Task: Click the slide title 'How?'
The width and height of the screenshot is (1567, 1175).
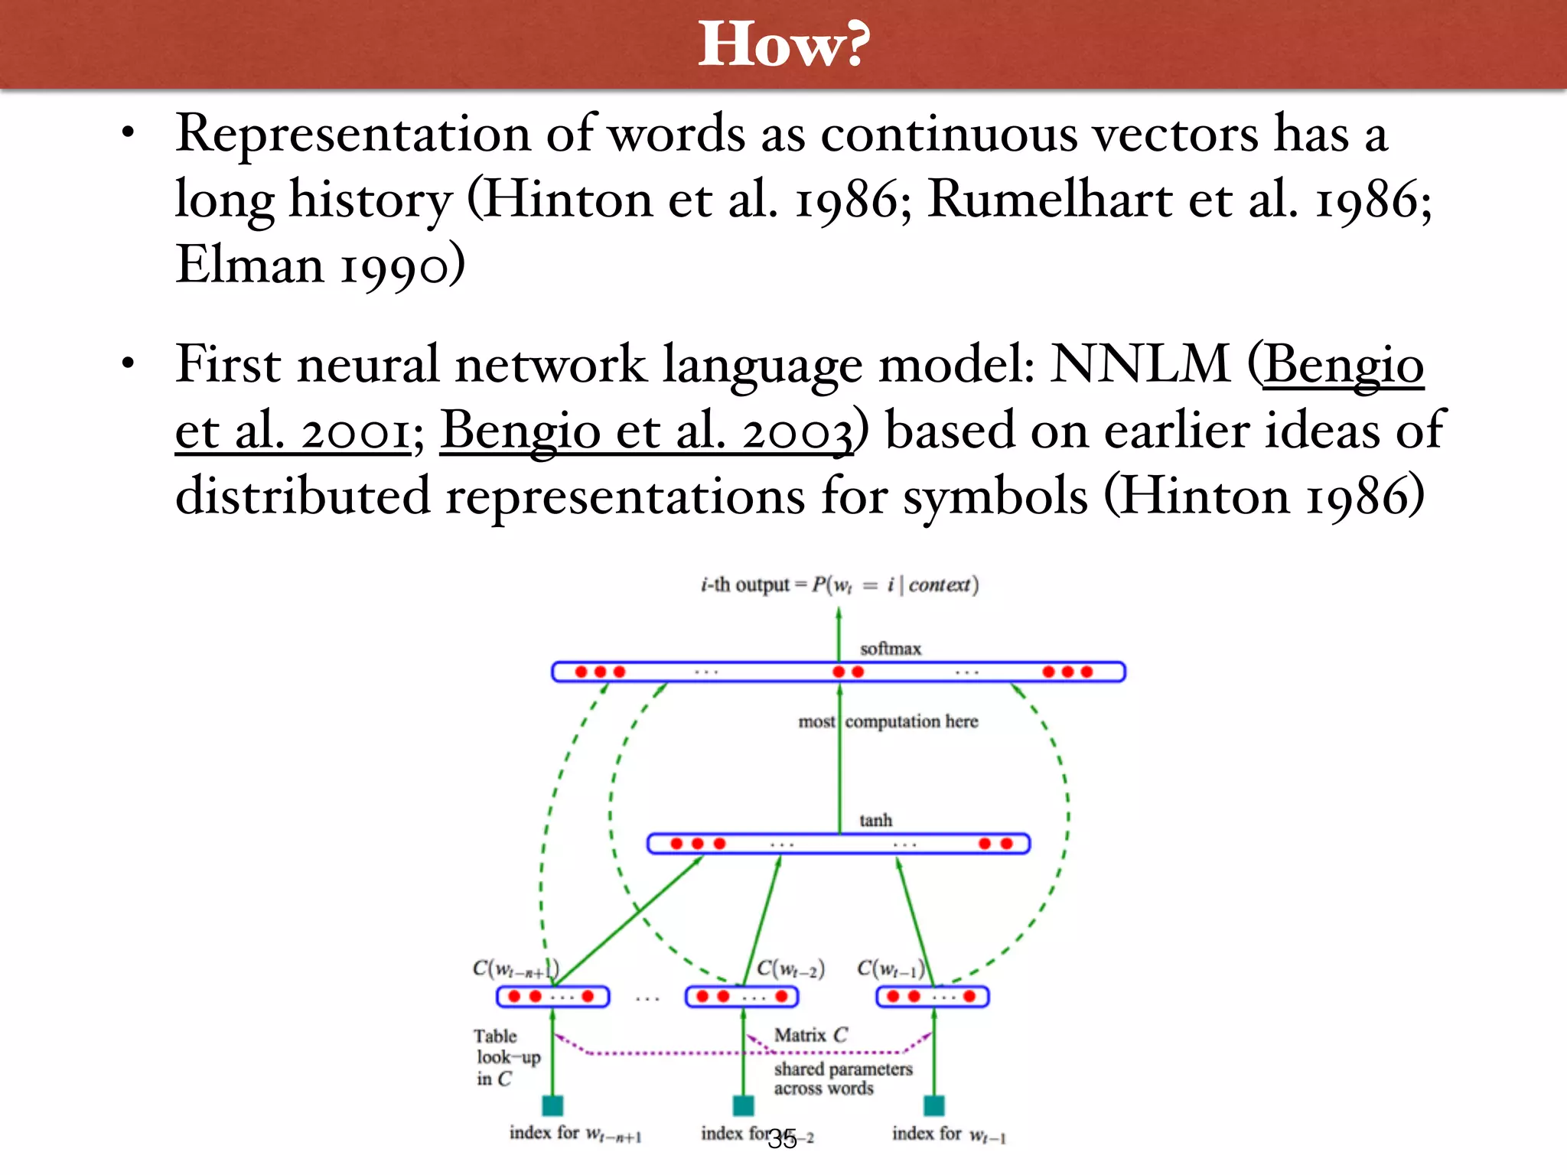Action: click(783, 44)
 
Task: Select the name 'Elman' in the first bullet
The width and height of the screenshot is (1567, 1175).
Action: click(249, 265)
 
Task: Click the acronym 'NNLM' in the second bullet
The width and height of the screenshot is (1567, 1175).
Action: click(1140, 364)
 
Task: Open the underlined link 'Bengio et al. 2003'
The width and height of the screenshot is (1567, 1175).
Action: click(647, 431)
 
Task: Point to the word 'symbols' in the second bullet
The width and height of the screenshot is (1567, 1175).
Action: click(995, 496)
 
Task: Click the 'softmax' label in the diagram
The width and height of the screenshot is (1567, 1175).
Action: click(890, 649)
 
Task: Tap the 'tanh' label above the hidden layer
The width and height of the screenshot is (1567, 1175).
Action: click(875, 820)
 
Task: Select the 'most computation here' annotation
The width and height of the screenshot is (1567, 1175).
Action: click(888, 721)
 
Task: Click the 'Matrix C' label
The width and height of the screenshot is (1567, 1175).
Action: click(811, 1035)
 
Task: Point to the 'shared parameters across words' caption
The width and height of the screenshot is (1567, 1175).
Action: click(842, 1079)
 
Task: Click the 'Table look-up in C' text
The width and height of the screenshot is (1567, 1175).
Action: click(507, 1057)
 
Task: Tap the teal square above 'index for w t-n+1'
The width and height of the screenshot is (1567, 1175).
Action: click(552, 1105)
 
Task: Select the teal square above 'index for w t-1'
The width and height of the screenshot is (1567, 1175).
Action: click(933, 1105)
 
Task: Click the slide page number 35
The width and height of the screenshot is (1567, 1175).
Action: click(782, 1140)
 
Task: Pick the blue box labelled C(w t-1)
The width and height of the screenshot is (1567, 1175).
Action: click(933, 997)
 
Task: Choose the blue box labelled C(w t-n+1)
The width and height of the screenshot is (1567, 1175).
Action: click(552, 997)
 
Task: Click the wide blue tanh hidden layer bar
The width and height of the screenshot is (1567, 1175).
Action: click(839, 844)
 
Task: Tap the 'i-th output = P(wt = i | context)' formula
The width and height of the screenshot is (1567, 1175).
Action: click(839, 585)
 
